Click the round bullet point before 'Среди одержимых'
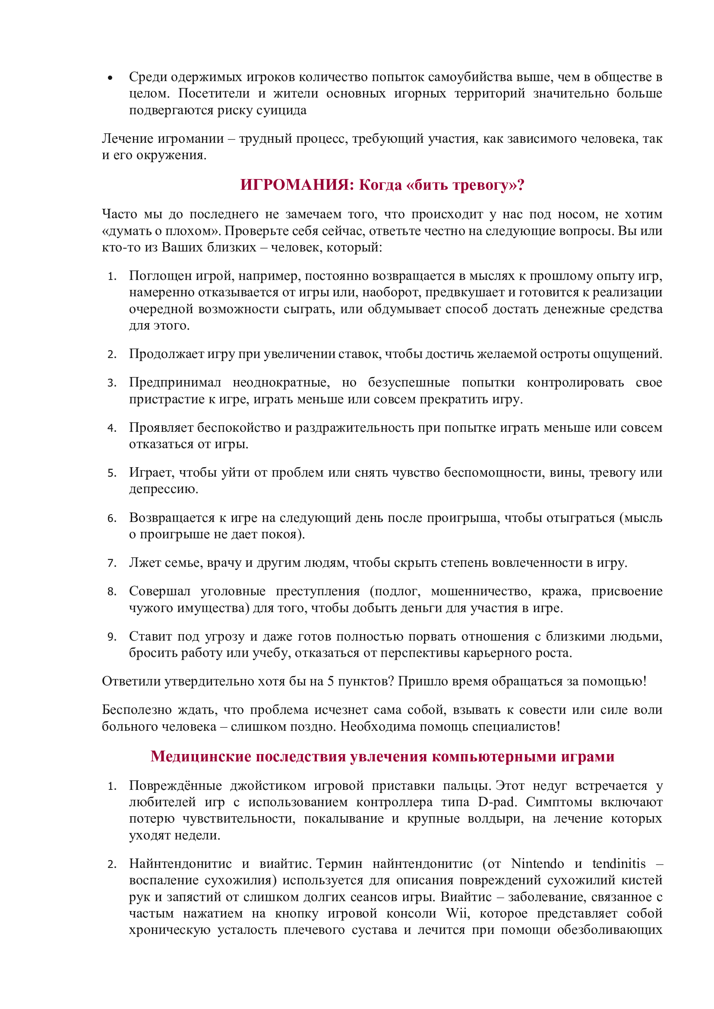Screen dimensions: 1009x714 click(x=110, y=79)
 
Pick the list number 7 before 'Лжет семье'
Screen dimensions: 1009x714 click(x=111, y=563)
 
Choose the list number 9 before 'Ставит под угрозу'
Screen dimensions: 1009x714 click(x=111, y=637)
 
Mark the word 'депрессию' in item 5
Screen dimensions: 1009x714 click(x=163, y=489)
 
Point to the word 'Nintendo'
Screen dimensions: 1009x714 click(x=537, y=864)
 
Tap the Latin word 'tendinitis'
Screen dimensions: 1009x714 click(x=619, y=864)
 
